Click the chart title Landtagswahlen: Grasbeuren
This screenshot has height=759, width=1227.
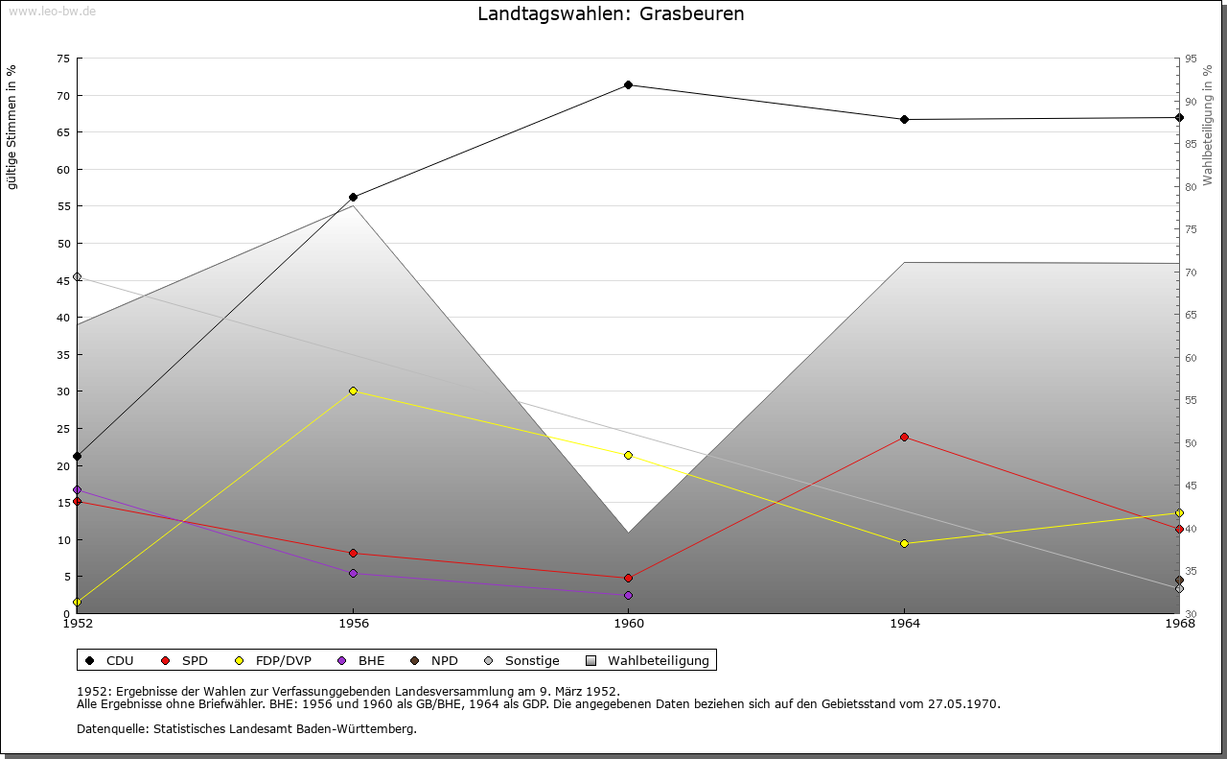tap(611, 14)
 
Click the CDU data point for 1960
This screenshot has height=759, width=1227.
tap(629, 85)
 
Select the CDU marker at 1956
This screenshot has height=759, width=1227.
tap(354, 198)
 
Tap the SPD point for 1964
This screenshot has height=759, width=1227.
tap(904, 438)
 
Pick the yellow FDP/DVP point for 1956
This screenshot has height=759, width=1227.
tap(354, 391)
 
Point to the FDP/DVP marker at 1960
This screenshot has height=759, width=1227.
tap(629, 456)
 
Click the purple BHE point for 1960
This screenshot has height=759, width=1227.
tap(629, 596)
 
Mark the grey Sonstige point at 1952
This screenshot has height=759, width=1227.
tap(78, 277)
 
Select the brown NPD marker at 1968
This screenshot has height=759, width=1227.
tap(1179, 581)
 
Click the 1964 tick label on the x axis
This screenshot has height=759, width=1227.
tap(904, 624)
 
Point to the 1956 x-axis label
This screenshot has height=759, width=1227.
tap(354, 624)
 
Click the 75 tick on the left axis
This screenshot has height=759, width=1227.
tap(62, 59)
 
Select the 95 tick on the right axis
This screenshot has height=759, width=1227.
tap(1191, 59)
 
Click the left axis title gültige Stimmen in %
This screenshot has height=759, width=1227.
tap(12, 128)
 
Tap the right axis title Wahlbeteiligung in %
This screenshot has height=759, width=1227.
tap(1208, 126)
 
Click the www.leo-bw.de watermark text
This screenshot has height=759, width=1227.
tap(51, 10)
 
